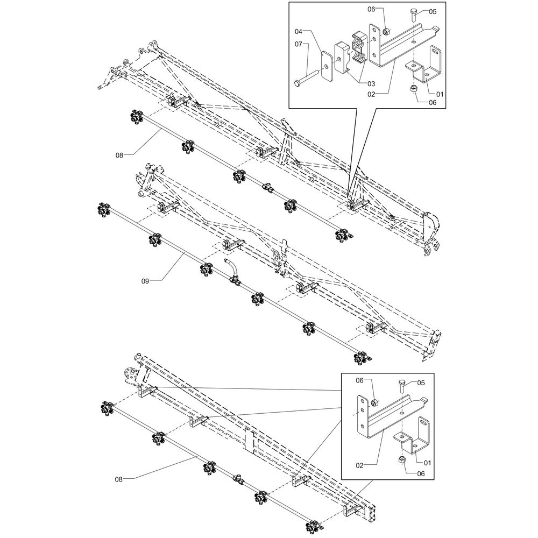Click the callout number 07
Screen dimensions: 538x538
click(299, 45)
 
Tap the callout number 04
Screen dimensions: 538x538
click(299, 32)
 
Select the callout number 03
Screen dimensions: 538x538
click(371, 84)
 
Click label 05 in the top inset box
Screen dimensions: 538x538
click(433, 11)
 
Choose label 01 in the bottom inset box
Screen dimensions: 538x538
click(429, 462)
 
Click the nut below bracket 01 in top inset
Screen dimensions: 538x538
click(414, 89)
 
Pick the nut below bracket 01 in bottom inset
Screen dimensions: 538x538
click(400, 461)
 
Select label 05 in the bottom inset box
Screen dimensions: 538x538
click(421, 383)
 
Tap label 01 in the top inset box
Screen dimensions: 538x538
click(440, 94)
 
